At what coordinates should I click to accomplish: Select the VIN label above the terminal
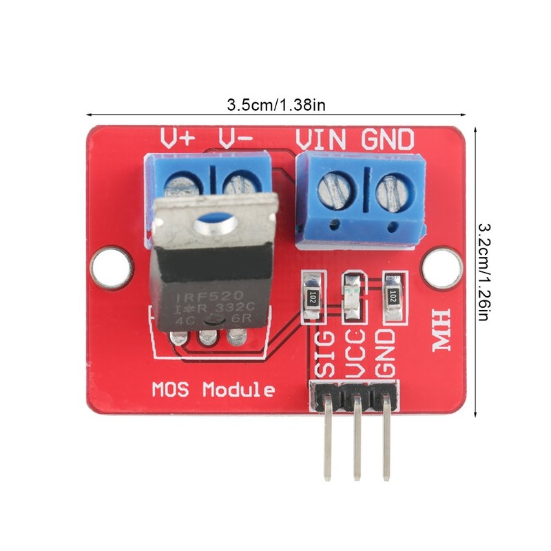pos(320,139)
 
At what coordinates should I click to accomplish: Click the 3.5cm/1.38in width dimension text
pos(275,105)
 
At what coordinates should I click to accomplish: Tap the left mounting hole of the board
pos(110,265)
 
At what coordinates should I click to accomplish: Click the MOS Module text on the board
pos(213,391)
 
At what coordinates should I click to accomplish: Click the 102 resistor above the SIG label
pos(313,297)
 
